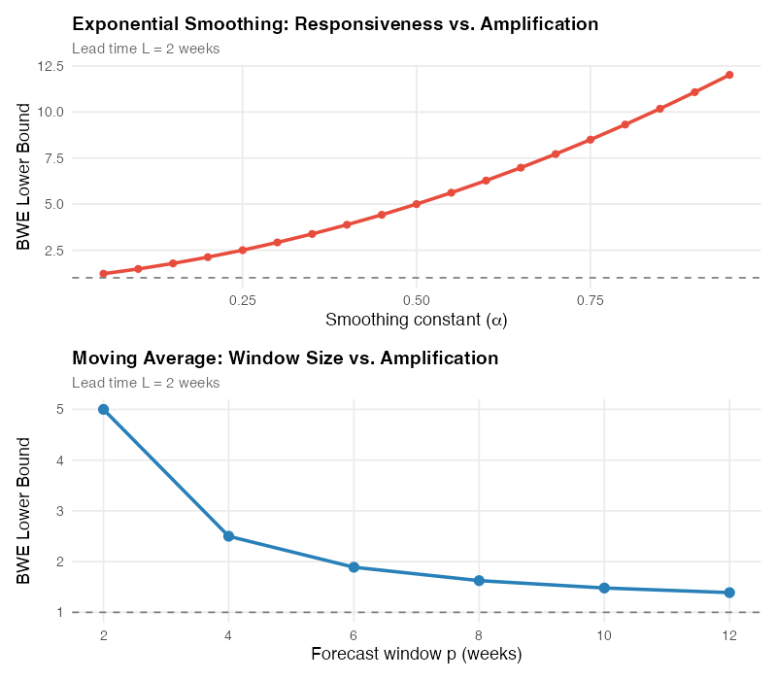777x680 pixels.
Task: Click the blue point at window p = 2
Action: coord(103,409)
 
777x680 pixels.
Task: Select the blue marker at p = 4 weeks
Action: coord(228,536)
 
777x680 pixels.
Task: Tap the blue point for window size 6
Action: coord(354,567)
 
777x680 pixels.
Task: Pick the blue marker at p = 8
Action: coord(479,581)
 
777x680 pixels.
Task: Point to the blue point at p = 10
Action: coord(604,588)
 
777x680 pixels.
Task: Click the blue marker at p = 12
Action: coord(729,593)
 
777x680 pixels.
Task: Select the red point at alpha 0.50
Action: coord(417,204)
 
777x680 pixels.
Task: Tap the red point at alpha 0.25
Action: coord(243,251)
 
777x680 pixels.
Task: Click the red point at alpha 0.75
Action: coord(591,140)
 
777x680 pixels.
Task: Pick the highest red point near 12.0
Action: coord(729,75)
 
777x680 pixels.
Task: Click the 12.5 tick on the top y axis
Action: coord(51,66)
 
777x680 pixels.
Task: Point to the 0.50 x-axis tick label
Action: coord(417,300)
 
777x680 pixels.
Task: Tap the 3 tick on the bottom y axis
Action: coord(60,511)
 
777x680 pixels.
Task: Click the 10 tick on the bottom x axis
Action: coord(604,634)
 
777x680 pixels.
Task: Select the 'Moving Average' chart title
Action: coord(285,358)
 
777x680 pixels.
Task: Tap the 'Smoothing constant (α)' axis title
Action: coord(417,320)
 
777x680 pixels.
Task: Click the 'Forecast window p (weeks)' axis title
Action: coord(417,654)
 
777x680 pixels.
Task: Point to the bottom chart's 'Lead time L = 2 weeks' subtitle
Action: coord(146,383)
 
